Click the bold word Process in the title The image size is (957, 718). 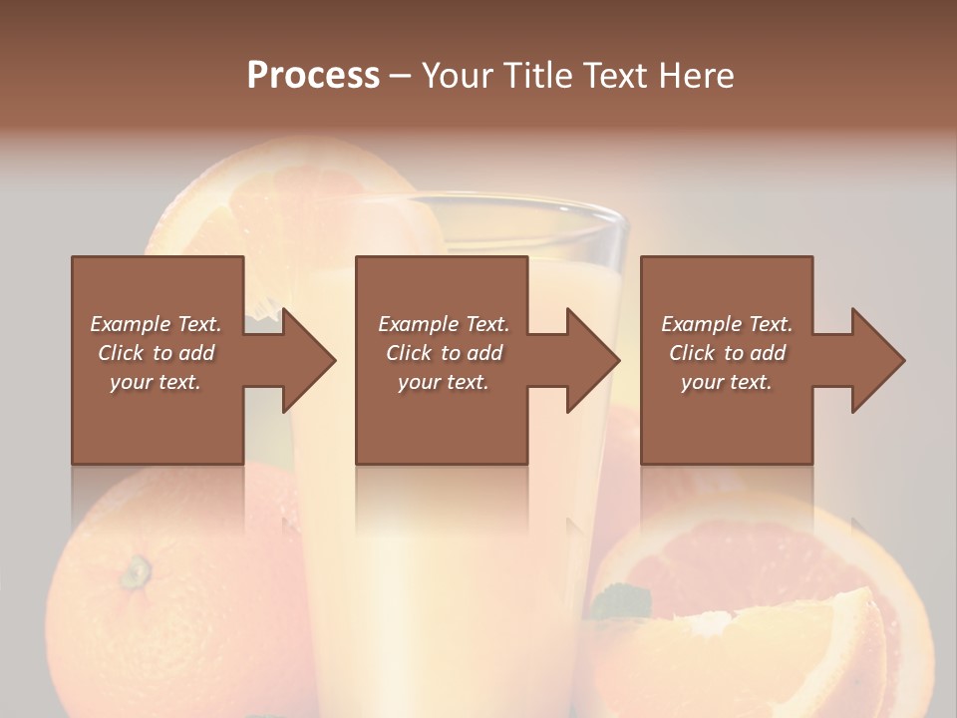(313, 76)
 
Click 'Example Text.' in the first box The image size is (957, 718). (156, 324)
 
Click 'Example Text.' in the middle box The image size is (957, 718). (444, 324)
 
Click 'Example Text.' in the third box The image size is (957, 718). (727, 324)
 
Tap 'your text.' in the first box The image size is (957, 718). (156, 382)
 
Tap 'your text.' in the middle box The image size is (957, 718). (444, 382)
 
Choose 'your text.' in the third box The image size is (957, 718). (727, 382)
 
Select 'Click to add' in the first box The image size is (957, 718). (156, 353)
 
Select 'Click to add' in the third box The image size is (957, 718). (727, 353)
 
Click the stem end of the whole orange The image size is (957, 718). (136, 571)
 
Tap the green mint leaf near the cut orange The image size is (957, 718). (621, 601)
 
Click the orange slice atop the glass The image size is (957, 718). (299, 199)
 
